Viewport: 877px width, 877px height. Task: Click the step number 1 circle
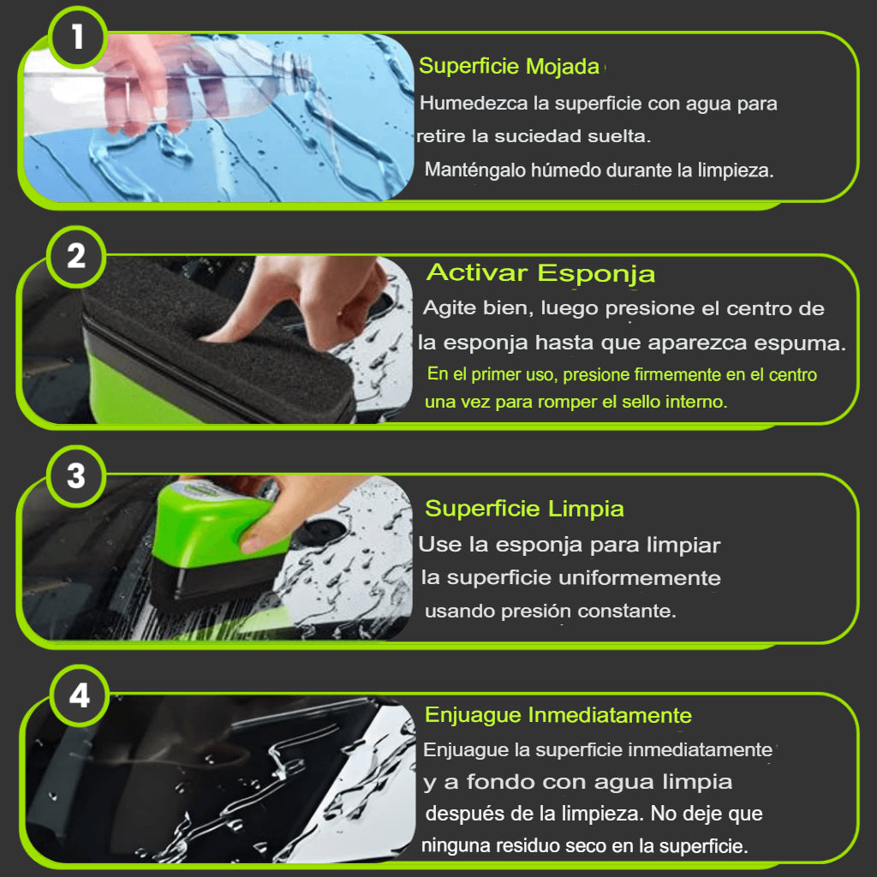[x=77, y=37]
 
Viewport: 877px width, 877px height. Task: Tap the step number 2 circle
[x=76, y=256]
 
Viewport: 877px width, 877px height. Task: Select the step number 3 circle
[x=76, y=475]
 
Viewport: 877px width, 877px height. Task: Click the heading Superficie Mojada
[x=509, y=67]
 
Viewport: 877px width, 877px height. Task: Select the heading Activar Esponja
[x=540, y=273]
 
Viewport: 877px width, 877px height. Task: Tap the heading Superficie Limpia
[x=524, y=509]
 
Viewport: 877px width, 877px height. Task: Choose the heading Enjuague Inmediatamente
[x=558, y=715]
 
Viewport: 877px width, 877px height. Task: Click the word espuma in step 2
[x=802, y=343]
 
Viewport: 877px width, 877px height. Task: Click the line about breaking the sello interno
[x=576, y=402]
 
